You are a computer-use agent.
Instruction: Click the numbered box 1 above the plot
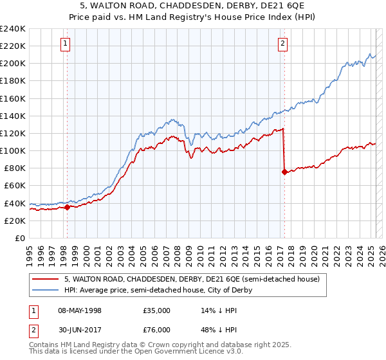[x=66, y=44]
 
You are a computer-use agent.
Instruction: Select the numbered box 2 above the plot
[x=283, y=44]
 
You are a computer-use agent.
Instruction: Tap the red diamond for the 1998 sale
[x=67, y=207]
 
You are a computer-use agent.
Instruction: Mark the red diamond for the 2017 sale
[x=284, y=172]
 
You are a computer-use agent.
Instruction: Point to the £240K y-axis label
[x=13, y=29]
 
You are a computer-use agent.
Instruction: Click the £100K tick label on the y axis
[x=13, y=150]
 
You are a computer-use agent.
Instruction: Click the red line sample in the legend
[x=44, y=279]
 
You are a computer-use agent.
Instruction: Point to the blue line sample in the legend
[x=44, y=290]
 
